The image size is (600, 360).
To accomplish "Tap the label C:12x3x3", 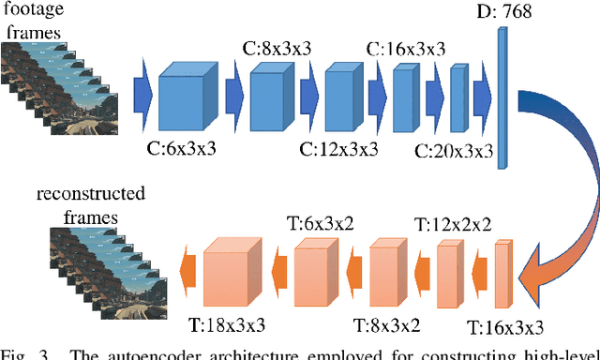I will (339, 147).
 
